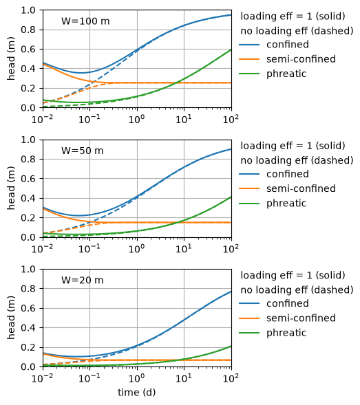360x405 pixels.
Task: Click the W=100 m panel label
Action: click(x=85, y=21)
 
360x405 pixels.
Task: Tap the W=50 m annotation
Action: click(x=82, y=151)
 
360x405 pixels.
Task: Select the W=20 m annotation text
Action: click(x=82, y=280)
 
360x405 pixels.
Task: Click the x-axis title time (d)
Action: click(x=136, y=393)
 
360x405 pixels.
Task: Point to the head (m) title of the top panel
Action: click(x=11, y=59)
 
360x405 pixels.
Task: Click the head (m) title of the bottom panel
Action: click(x=11, y=318)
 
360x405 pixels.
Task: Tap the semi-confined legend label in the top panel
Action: click(x=301, y=59)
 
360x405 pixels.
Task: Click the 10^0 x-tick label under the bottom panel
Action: click(x=136, y=378)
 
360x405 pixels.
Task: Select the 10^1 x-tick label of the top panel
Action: click(x=184, y=120)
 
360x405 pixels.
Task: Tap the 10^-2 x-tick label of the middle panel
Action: click(x=43, y=249)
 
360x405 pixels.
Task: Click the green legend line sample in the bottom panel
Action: click(x=249, y=333)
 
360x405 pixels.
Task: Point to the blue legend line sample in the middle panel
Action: click(x=249, y=174)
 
